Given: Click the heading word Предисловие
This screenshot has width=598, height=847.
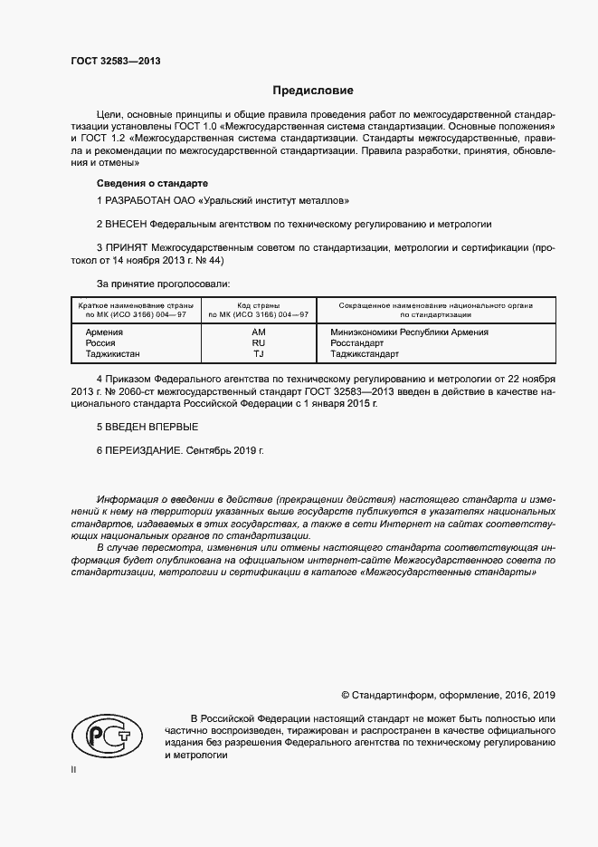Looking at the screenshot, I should (313, 91).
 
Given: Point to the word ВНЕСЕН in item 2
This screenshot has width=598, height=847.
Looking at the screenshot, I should (128, 223).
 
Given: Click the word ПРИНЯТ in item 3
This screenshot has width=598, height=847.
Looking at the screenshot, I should (128, 246).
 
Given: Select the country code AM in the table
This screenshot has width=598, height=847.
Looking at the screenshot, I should (258, 332).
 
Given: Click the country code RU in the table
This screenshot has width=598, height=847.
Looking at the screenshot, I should (258, 343).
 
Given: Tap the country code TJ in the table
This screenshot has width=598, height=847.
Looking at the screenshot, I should (258, 354).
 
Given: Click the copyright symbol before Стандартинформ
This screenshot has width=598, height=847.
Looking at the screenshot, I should (346, 696).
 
